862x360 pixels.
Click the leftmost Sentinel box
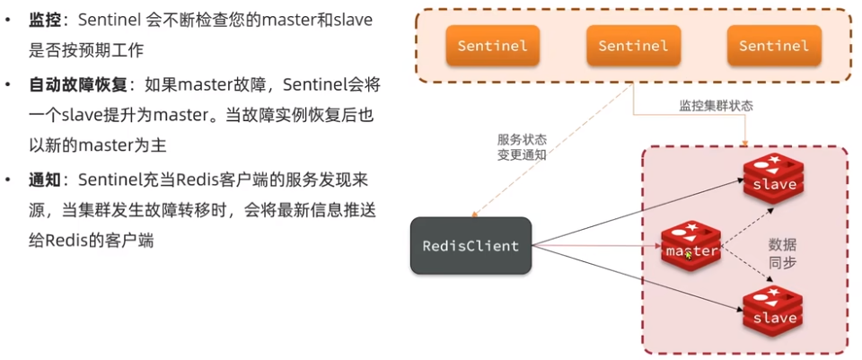coord(492,45)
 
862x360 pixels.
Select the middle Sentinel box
coord(633,45)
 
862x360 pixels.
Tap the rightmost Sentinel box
coord(774,45)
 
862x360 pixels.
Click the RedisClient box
coord(471,245)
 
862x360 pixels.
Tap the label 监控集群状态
coord(716,105)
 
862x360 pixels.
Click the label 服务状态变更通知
coord(522,146)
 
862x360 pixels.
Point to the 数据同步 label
coord(782,253)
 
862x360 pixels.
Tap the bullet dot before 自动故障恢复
coord(9,85)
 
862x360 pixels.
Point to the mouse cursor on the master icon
coord(689,255)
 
